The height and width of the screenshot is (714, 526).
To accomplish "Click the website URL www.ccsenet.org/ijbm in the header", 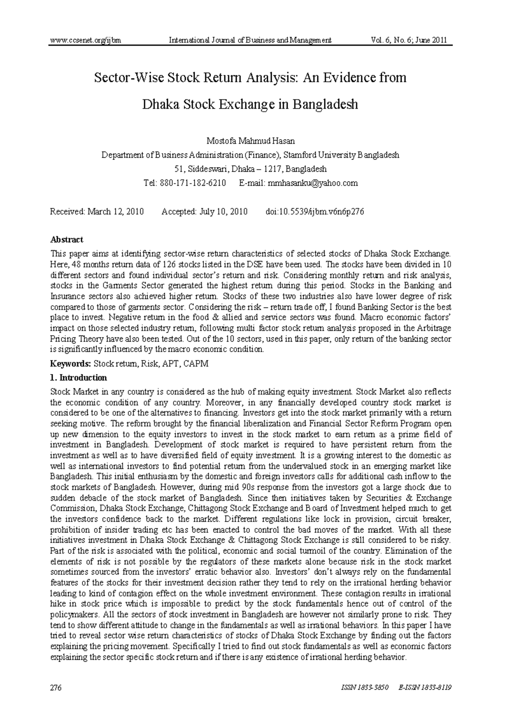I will click(x=85, y=40).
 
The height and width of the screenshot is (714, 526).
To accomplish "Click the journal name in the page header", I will click(x=250, y=40).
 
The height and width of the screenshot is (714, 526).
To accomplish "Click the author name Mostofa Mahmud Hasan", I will click(x=250, y=141).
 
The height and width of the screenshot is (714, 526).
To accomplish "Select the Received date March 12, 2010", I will click(x=116, y=212).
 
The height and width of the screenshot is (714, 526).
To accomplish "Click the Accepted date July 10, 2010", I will click(x=223, y=212).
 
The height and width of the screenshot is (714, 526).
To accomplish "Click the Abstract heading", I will click(x=67, y=240).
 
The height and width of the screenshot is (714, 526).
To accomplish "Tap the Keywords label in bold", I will click(x=71, y=364).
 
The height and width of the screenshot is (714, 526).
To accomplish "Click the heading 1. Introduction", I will click(x=78, y=378).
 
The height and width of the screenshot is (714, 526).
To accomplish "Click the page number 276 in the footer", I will click(x=56, y=687).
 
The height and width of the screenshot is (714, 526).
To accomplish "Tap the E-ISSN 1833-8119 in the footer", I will click(x=425, y=687).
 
